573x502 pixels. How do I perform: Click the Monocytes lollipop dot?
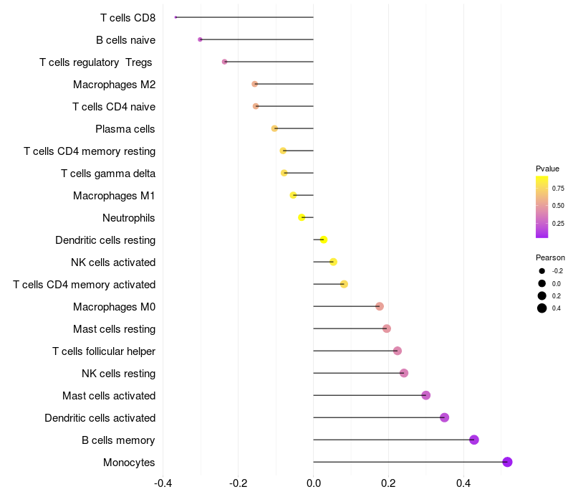[507, 462]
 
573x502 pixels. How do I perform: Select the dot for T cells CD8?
[175, 17]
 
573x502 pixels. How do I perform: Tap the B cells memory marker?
[474, 440]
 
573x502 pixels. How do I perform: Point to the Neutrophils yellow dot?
[302, 218]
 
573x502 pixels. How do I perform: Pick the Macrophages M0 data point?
[380, 306]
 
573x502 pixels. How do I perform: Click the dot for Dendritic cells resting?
[324, 240]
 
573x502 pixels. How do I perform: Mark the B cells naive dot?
[200, 39]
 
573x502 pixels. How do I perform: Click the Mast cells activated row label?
[109, 396]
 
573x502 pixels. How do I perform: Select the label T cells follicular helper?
[104, 351]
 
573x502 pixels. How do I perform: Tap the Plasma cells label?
[125, 129]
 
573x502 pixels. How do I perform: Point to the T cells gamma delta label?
[108, 174]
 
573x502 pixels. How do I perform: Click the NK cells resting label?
[119, 374]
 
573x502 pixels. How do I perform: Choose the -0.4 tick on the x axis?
[163, 483]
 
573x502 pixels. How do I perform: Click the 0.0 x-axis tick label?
[314, 483]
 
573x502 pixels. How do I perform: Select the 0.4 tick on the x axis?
[463, 483]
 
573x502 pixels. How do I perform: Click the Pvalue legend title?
[547, 169]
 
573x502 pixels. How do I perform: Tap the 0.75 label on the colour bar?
[558, 189]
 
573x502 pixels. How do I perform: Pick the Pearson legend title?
[550, 257]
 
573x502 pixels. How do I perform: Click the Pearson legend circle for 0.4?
[542, 308]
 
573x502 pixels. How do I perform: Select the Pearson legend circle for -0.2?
[542, 271]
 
